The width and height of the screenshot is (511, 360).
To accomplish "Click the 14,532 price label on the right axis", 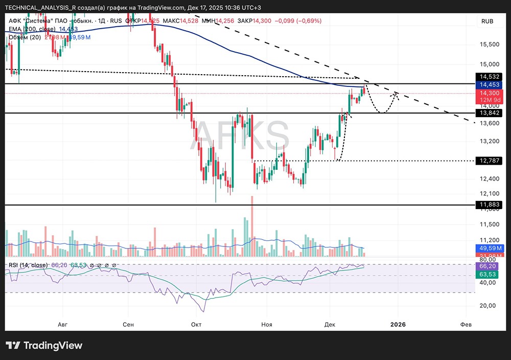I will tap(490, 77).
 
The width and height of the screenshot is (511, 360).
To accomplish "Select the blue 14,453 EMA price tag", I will tap(490, 84).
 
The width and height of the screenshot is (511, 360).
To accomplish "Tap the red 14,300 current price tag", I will tap(490, 93).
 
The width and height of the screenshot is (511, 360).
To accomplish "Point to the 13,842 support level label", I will tap(490, 112).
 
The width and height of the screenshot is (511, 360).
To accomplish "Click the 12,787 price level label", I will tap(490, 161).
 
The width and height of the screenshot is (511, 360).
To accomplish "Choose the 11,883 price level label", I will tap(490, 205).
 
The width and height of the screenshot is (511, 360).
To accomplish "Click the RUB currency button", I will tap(487, 21).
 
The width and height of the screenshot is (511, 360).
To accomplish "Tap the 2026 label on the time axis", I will tap(398, 324).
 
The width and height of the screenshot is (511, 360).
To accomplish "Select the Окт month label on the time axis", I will tap(196, 324).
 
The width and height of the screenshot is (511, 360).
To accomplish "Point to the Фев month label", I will tap(466, 324).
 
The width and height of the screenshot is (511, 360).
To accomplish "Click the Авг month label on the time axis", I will tap(63, 324).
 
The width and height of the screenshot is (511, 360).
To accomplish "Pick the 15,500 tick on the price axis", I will tap(490, 44).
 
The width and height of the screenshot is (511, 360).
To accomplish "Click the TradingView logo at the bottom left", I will tap(44, 345).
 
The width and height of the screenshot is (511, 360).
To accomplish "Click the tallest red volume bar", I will tap(252, 226).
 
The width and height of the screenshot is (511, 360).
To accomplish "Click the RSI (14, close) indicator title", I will tap(28, 265).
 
